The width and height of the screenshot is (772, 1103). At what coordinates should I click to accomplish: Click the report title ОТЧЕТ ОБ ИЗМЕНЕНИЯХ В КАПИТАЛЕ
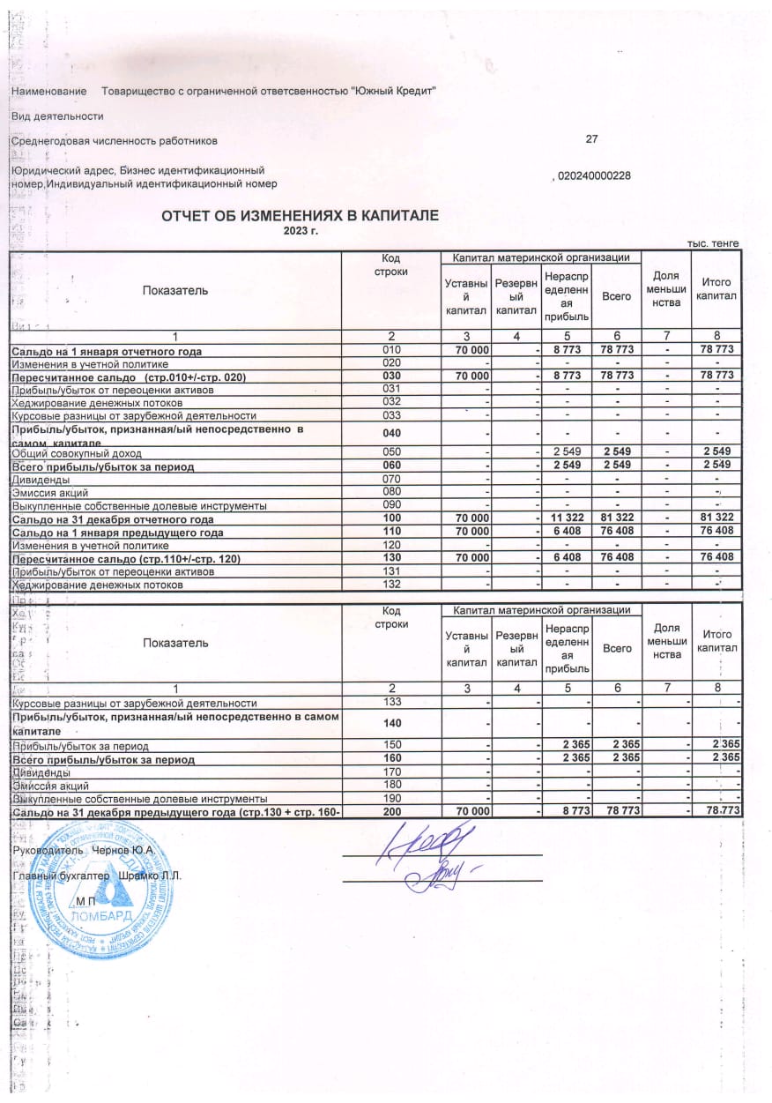(299, 216)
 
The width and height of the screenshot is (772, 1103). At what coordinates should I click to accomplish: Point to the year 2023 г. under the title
(299, 230)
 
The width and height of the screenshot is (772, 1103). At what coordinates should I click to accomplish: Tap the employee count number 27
(591, 139)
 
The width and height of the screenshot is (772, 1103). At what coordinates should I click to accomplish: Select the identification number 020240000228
(594, 175)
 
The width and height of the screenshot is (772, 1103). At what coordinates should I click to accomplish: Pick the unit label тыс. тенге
(713, 243)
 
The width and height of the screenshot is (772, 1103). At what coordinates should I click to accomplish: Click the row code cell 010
(391, 351)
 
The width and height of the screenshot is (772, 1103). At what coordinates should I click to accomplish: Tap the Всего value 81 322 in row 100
(616, 518)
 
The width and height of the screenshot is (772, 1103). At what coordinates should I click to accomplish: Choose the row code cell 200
(391, 809)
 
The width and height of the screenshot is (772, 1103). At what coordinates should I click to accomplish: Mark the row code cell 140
(391, 724)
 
